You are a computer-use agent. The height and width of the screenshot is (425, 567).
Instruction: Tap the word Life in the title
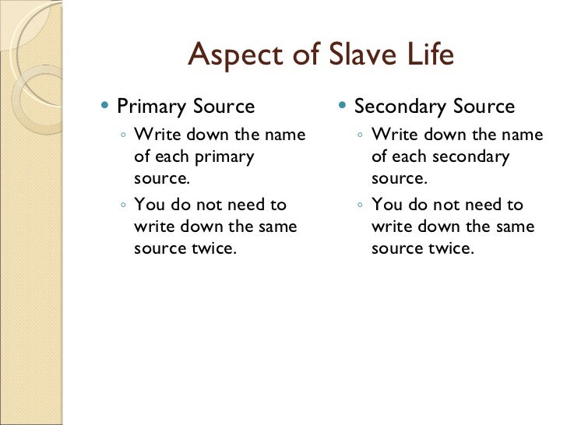(x=428, y=55)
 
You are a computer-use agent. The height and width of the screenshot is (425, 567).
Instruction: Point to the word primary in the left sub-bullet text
(x=226, y=156)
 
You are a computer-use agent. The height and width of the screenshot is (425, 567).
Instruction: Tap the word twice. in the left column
(x=213, y=249)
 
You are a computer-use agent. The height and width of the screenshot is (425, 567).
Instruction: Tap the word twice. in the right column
(x=450, y=249)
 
